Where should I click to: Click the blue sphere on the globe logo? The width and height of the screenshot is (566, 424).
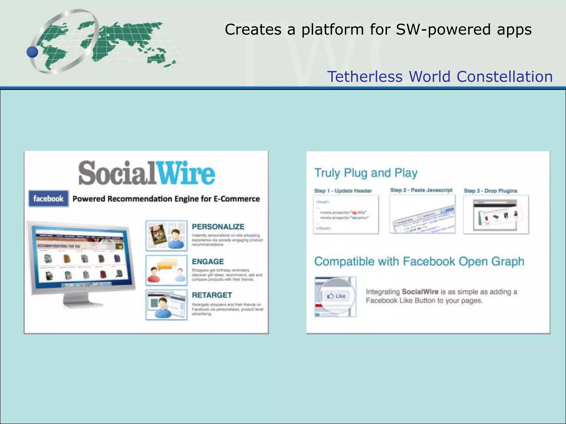tap(33, 52)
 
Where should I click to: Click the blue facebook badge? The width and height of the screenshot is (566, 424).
tap(48, 198)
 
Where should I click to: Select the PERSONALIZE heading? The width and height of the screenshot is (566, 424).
tap(218, 227)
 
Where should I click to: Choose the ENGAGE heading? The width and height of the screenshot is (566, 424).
tap(208, 261)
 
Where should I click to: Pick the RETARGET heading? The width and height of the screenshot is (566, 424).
tap(212, 295)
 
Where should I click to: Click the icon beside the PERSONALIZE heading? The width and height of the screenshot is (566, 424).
tap(166, 236)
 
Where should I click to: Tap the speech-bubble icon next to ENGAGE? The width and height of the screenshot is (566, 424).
tap(166, 270)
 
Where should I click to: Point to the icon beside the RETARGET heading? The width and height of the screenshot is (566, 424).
tap(166, 305)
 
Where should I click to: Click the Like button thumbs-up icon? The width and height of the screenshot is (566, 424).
tap(330, 296)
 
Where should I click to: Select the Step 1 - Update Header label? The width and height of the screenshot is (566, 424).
tap(343, 191)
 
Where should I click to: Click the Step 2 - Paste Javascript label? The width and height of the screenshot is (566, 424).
tap(421, 190)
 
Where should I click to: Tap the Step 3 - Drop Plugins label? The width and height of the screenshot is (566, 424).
tap(490, 191)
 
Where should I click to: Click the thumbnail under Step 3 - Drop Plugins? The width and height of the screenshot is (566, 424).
tap(496, 214)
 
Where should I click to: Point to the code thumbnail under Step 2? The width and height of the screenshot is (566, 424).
tap(422, 214)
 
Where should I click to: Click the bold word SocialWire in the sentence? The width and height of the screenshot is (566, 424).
tap(420, 292)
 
